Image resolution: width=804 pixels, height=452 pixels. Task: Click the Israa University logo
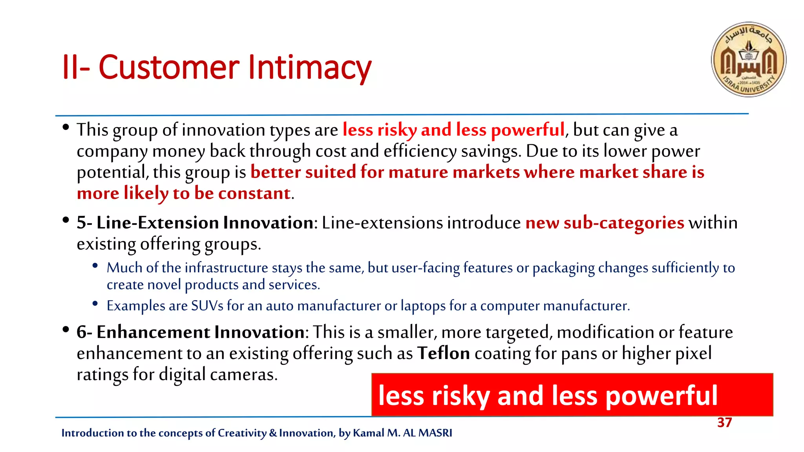point(748,59)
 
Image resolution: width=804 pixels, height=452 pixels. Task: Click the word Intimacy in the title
point(310,67)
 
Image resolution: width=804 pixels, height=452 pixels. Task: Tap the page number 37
point(724,423)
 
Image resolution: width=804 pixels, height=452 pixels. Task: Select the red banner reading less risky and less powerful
point(572,395)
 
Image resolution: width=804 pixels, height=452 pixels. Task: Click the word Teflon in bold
point(443,353)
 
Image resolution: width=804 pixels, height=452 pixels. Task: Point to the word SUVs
point(207,306)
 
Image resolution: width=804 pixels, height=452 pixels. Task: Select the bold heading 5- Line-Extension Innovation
point(195,223)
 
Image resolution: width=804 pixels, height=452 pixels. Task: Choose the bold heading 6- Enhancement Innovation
point(190,332)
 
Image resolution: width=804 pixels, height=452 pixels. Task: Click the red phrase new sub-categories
point(605,223)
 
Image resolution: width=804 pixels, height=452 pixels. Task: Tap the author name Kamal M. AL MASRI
point(402,433)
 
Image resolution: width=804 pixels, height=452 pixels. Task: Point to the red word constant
point(254,193)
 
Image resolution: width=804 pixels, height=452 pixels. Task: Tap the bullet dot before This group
point(66,127)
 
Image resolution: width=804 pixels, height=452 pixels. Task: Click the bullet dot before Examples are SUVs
point(95,303)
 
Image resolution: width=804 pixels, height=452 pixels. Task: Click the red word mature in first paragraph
point(418,172)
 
